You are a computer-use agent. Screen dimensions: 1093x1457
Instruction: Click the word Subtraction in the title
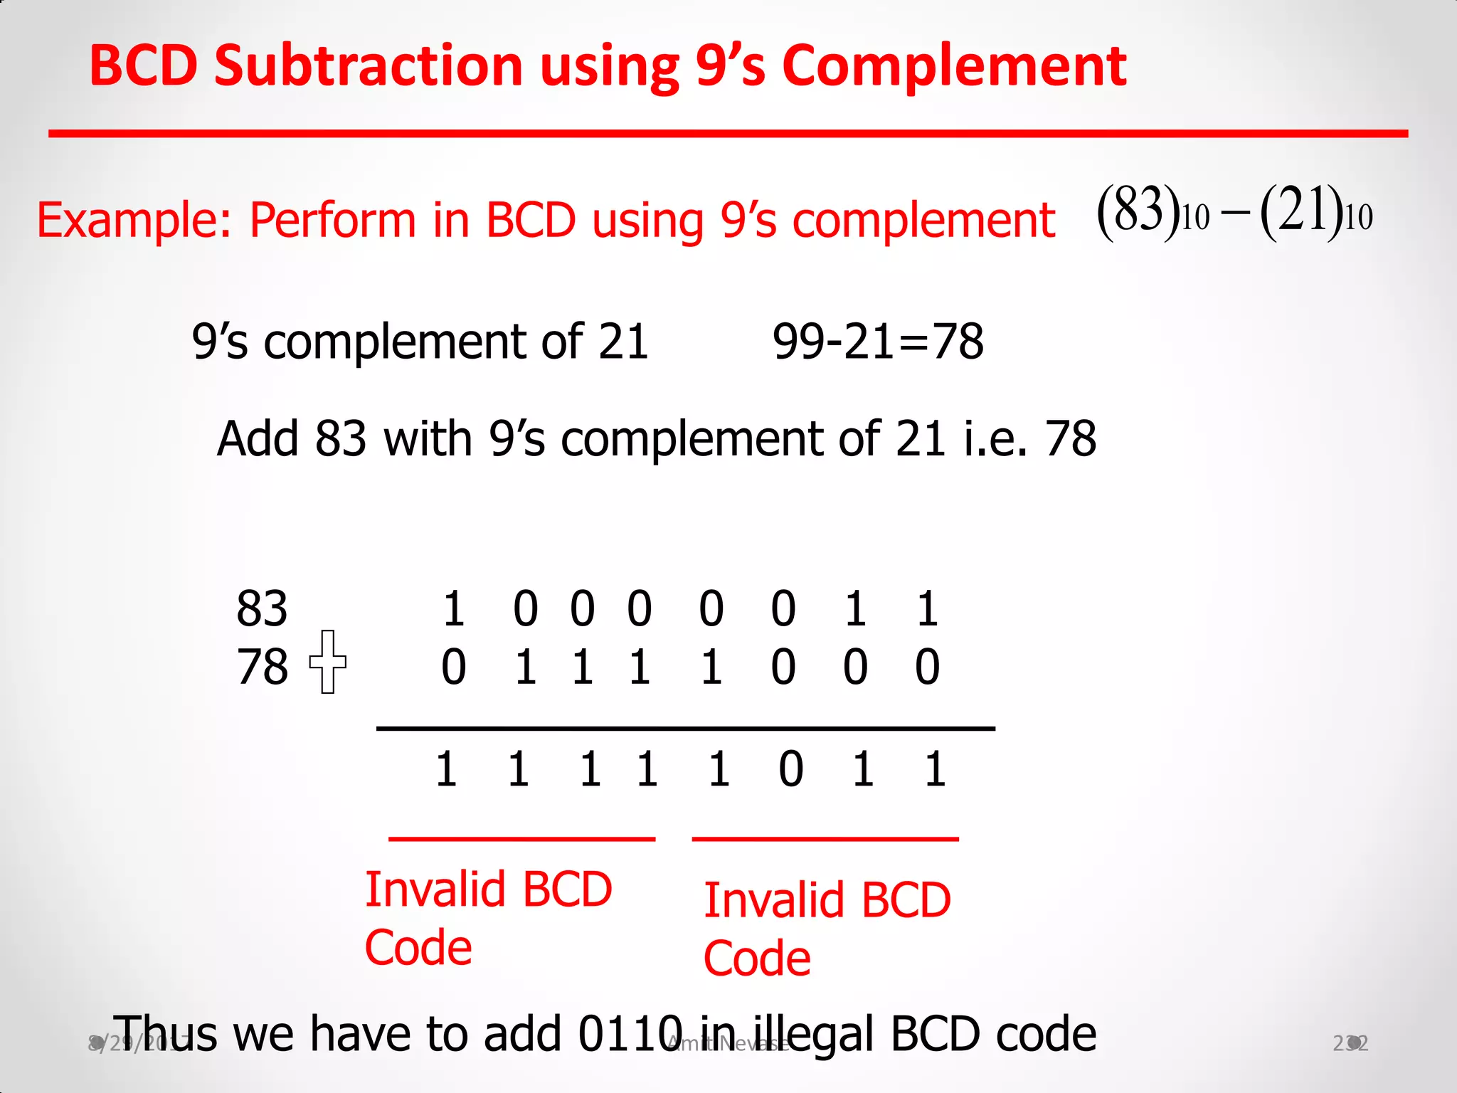point(369,65)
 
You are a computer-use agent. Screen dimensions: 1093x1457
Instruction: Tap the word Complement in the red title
point(954,65)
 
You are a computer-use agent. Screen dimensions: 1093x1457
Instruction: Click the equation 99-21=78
point(878,342)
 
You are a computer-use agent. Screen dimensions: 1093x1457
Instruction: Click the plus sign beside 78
point(327,662)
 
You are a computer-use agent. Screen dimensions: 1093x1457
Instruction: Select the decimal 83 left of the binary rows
point(262,609)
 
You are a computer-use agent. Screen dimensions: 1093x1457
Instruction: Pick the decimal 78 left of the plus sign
point(262,667)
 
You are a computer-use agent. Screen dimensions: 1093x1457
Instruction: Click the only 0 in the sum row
point(790,769)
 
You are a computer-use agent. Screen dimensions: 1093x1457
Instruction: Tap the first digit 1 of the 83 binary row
point(454,609)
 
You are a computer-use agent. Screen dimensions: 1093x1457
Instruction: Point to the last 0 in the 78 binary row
point(927,667)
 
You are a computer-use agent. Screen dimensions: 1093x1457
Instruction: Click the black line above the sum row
point(685,729)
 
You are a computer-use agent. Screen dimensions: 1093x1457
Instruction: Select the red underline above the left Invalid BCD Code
point(521,840)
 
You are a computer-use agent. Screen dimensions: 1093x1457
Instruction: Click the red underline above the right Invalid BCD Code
point(825,840)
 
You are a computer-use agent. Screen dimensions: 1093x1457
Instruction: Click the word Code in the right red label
point(757,959)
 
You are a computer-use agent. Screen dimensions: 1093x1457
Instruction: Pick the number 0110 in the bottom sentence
point(630,1034)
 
